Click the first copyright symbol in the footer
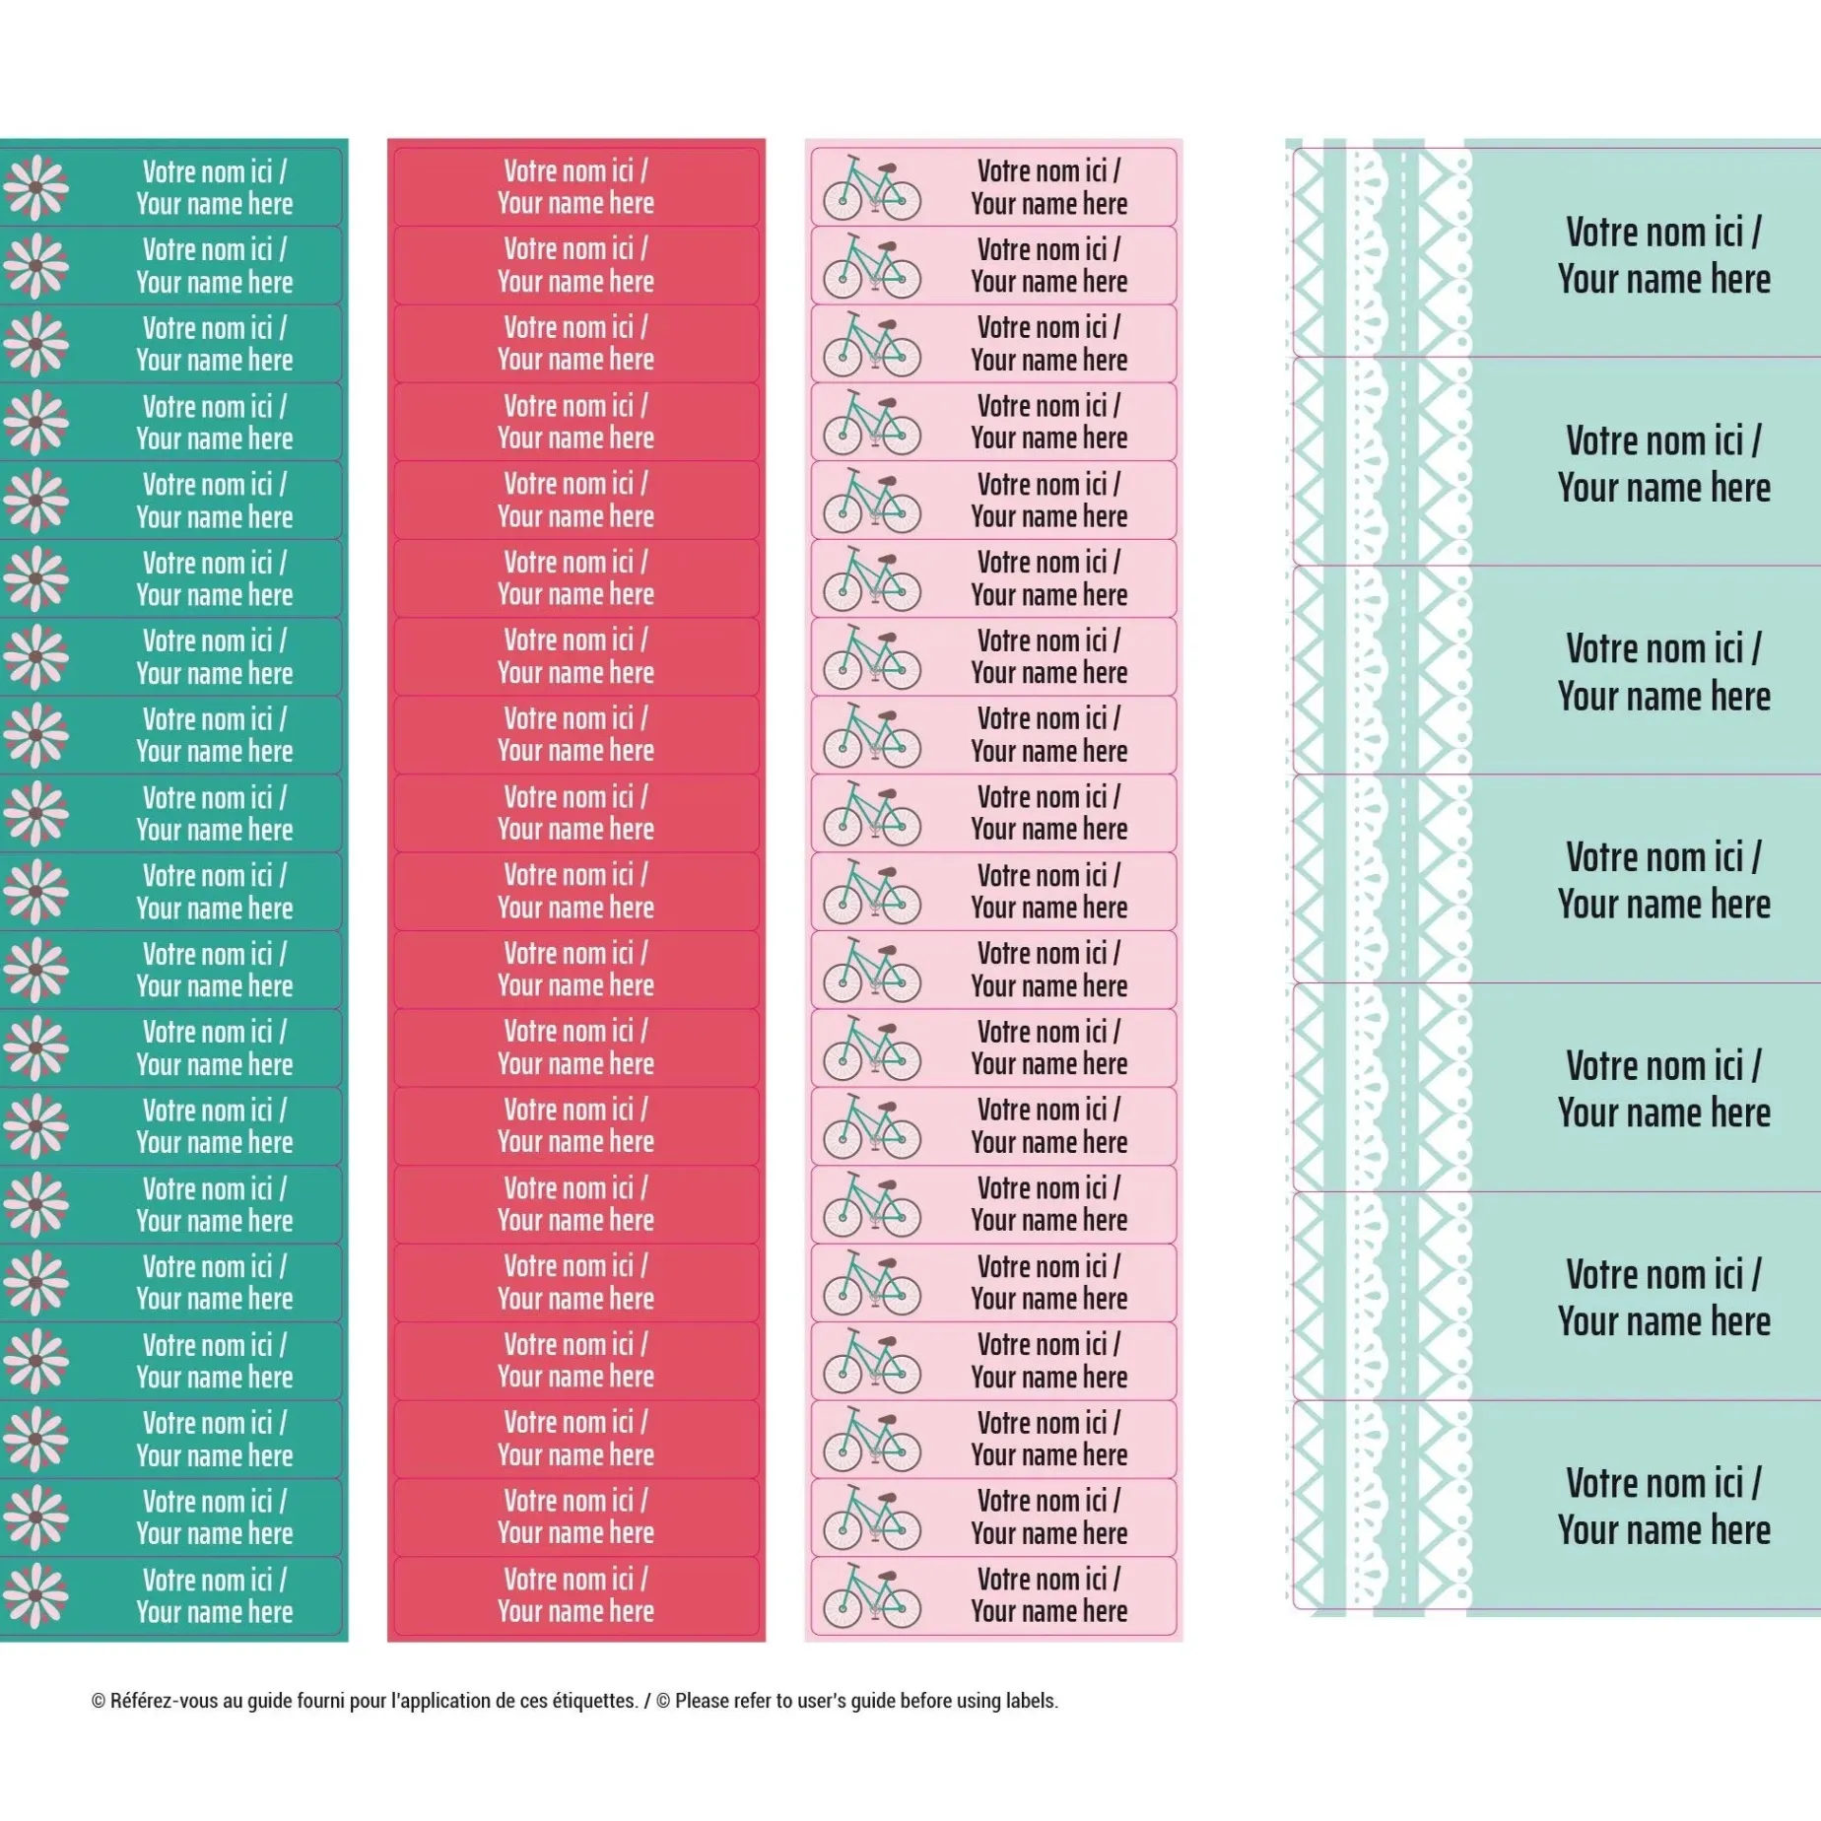99,1701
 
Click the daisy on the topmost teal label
36,187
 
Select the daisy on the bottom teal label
36,1595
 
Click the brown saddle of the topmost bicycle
886,168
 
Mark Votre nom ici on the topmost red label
575,170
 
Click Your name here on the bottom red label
575,1611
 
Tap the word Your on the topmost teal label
159,204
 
